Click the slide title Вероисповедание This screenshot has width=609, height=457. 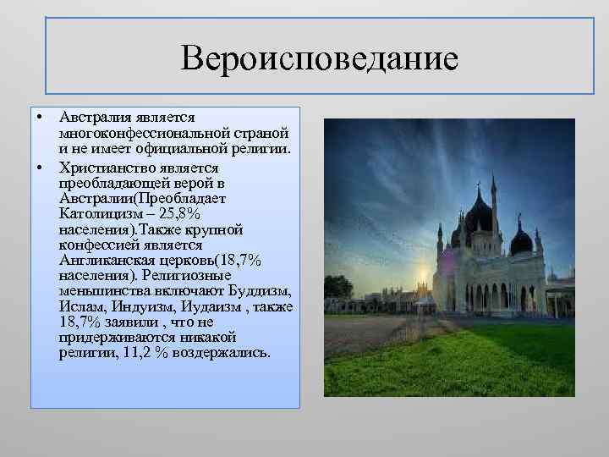point(319,58)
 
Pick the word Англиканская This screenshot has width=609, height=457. point(102,260)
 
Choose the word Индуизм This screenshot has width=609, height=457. point(134,306)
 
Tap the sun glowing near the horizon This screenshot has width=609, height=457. point(422,278)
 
